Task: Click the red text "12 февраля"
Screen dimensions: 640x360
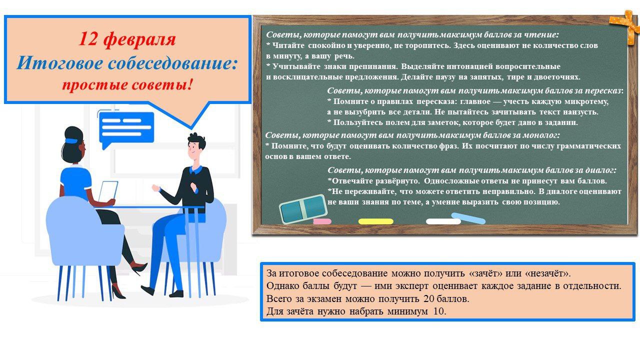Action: click(x=127, y=39)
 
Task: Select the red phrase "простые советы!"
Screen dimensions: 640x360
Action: click(x=127, y=85)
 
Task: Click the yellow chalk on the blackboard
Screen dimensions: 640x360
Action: click(x=375, y=221)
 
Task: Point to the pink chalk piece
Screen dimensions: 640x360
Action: click(x=322, y=221)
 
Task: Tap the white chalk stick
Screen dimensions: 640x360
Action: click(x=443, y=221)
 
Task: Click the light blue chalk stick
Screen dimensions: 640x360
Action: click(x=468, y=218)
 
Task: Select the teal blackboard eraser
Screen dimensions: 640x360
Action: click(x=303, y=208)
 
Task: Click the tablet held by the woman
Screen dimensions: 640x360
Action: click(x=108, y=191)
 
